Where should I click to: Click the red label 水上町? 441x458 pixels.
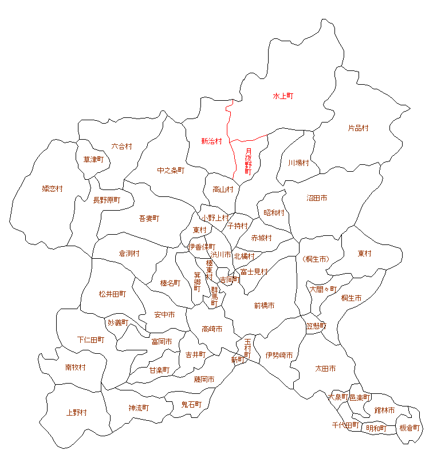coord(283,96)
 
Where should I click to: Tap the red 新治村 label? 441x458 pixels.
coord(211,141)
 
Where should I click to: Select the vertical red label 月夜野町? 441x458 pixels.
coord(248,161)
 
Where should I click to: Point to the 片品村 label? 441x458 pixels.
coord(359,128)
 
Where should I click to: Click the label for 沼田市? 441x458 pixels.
coord(317,198)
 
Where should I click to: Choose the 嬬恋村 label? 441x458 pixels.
coord(52,188)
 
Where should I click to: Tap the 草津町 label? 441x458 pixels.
coord(93,159)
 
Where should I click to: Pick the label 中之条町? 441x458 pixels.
coord(171,170)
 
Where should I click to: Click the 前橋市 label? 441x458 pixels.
coord(264,306)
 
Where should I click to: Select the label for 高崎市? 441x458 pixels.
coord(212,329)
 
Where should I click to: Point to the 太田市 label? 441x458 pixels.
coord(325,368)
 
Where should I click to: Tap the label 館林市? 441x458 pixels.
coord(384,410)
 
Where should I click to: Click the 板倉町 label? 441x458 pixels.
coord(409,428)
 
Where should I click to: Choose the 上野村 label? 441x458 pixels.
coord(76,412)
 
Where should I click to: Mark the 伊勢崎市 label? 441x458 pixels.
coord(279,356)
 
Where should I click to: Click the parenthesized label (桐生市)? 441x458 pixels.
coord(315,259)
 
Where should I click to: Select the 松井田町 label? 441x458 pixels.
coord(112,294)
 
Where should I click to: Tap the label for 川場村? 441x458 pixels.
coord(298,163)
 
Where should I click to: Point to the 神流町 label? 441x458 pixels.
coord(139,408)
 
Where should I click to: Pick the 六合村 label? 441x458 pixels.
coord(121,146)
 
